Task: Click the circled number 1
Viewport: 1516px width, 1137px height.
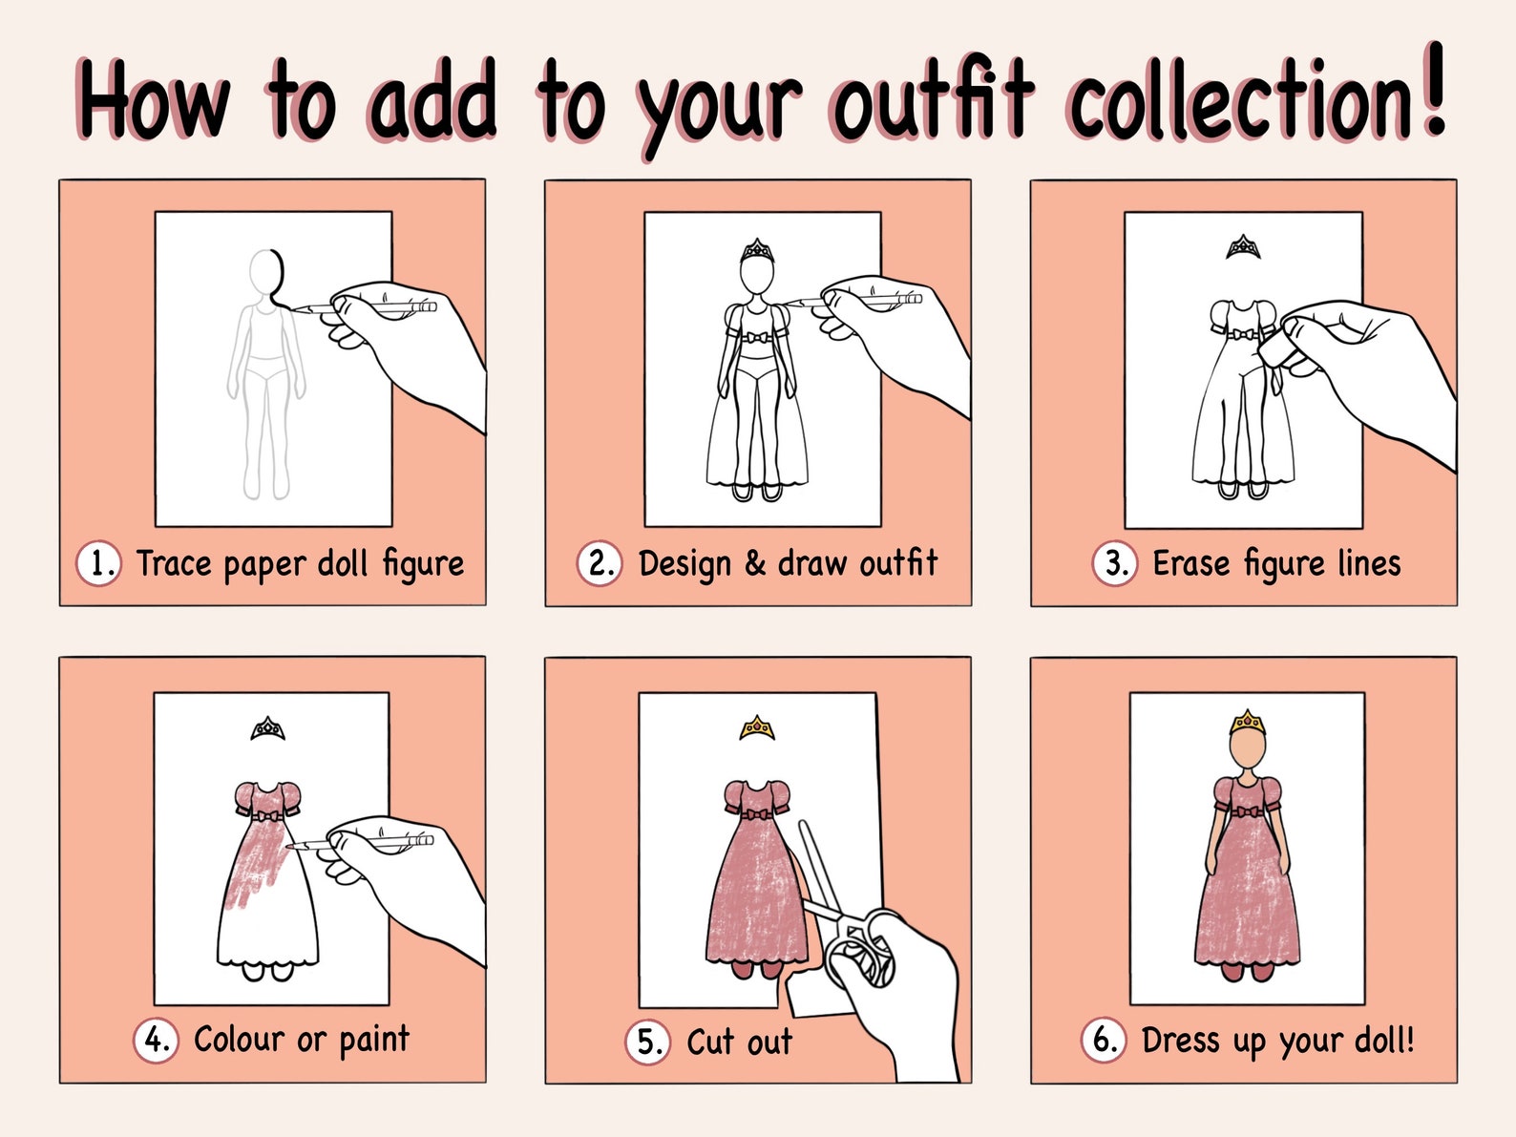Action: coord(98,563)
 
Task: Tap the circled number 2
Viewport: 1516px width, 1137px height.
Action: coord(600,563)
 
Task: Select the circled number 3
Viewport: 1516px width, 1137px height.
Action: coord(1114,563)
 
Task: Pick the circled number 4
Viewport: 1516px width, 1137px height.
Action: coord(156,1040)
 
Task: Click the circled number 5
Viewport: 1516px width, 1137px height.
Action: coord(648,1042)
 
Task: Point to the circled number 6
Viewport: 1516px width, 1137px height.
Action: coord(1104,1040)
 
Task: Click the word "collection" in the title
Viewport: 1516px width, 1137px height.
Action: coord(1240,101)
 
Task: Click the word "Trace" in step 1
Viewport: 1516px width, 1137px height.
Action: coord(174,563)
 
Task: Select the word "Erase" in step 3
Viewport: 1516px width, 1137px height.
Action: coord(1190,563)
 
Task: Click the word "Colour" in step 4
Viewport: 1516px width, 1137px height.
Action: coord(239,1039)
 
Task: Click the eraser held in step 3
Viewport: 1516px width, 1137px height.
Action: coord(1279,349)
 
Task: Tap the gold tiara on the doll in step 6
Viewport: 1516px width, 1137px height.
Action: coord(1247,722)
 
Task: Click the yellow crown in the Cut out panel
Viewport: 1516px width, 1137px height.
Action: coord(757,728)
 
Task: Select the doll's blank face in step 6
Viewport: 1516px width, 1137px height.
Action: coord(1247,749)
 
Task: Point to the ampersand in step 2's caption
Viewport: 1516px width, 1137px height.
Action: coord(754,563)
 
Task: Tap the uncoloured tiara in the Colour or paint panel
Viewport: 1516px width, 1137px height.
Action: coord(267,729)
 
